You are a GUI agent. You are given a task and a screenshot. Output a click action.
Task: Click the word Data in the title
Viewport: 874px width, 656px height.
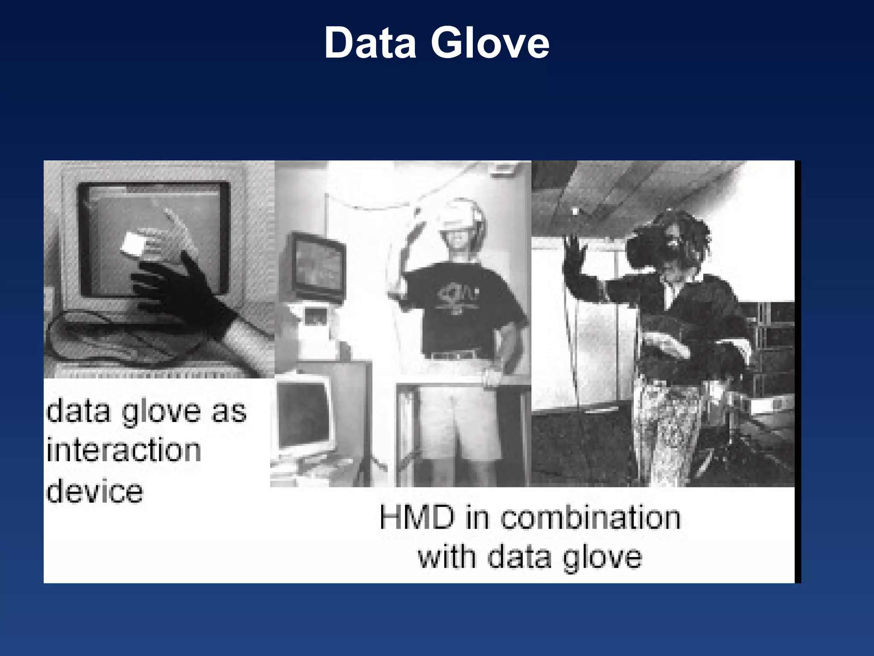coord(370,43)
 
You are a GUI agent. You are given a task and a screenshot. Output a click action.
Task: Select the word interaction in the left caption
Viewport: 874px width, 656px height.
coord(124,451)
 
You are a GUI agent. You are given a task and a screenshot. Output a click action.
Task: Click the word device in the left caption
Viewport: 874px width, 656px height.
coord(95,491)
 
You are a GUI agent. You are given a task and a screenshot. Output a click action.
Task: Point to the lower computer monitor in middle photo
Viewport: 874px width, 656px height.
coord(304,414)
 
